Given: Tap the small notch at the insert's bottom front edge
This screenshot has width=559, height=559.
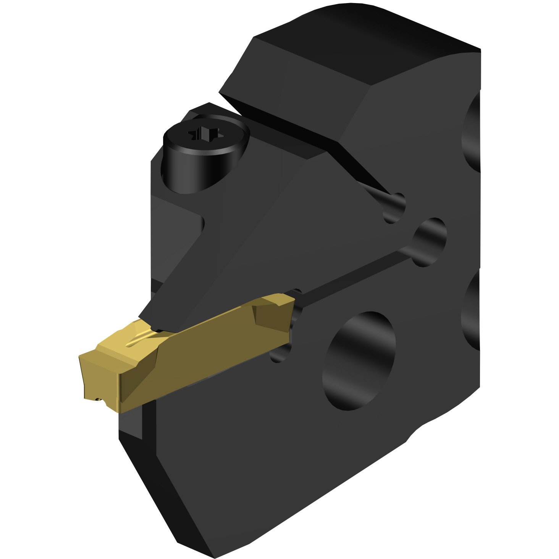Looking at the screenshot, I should click(100, 399).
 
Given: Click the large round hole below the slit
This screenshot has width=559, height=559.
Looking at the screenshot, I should click(359, 361).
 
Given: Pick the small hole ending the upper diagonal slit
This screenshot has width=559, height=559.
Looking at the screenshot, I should click(394, 208).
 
